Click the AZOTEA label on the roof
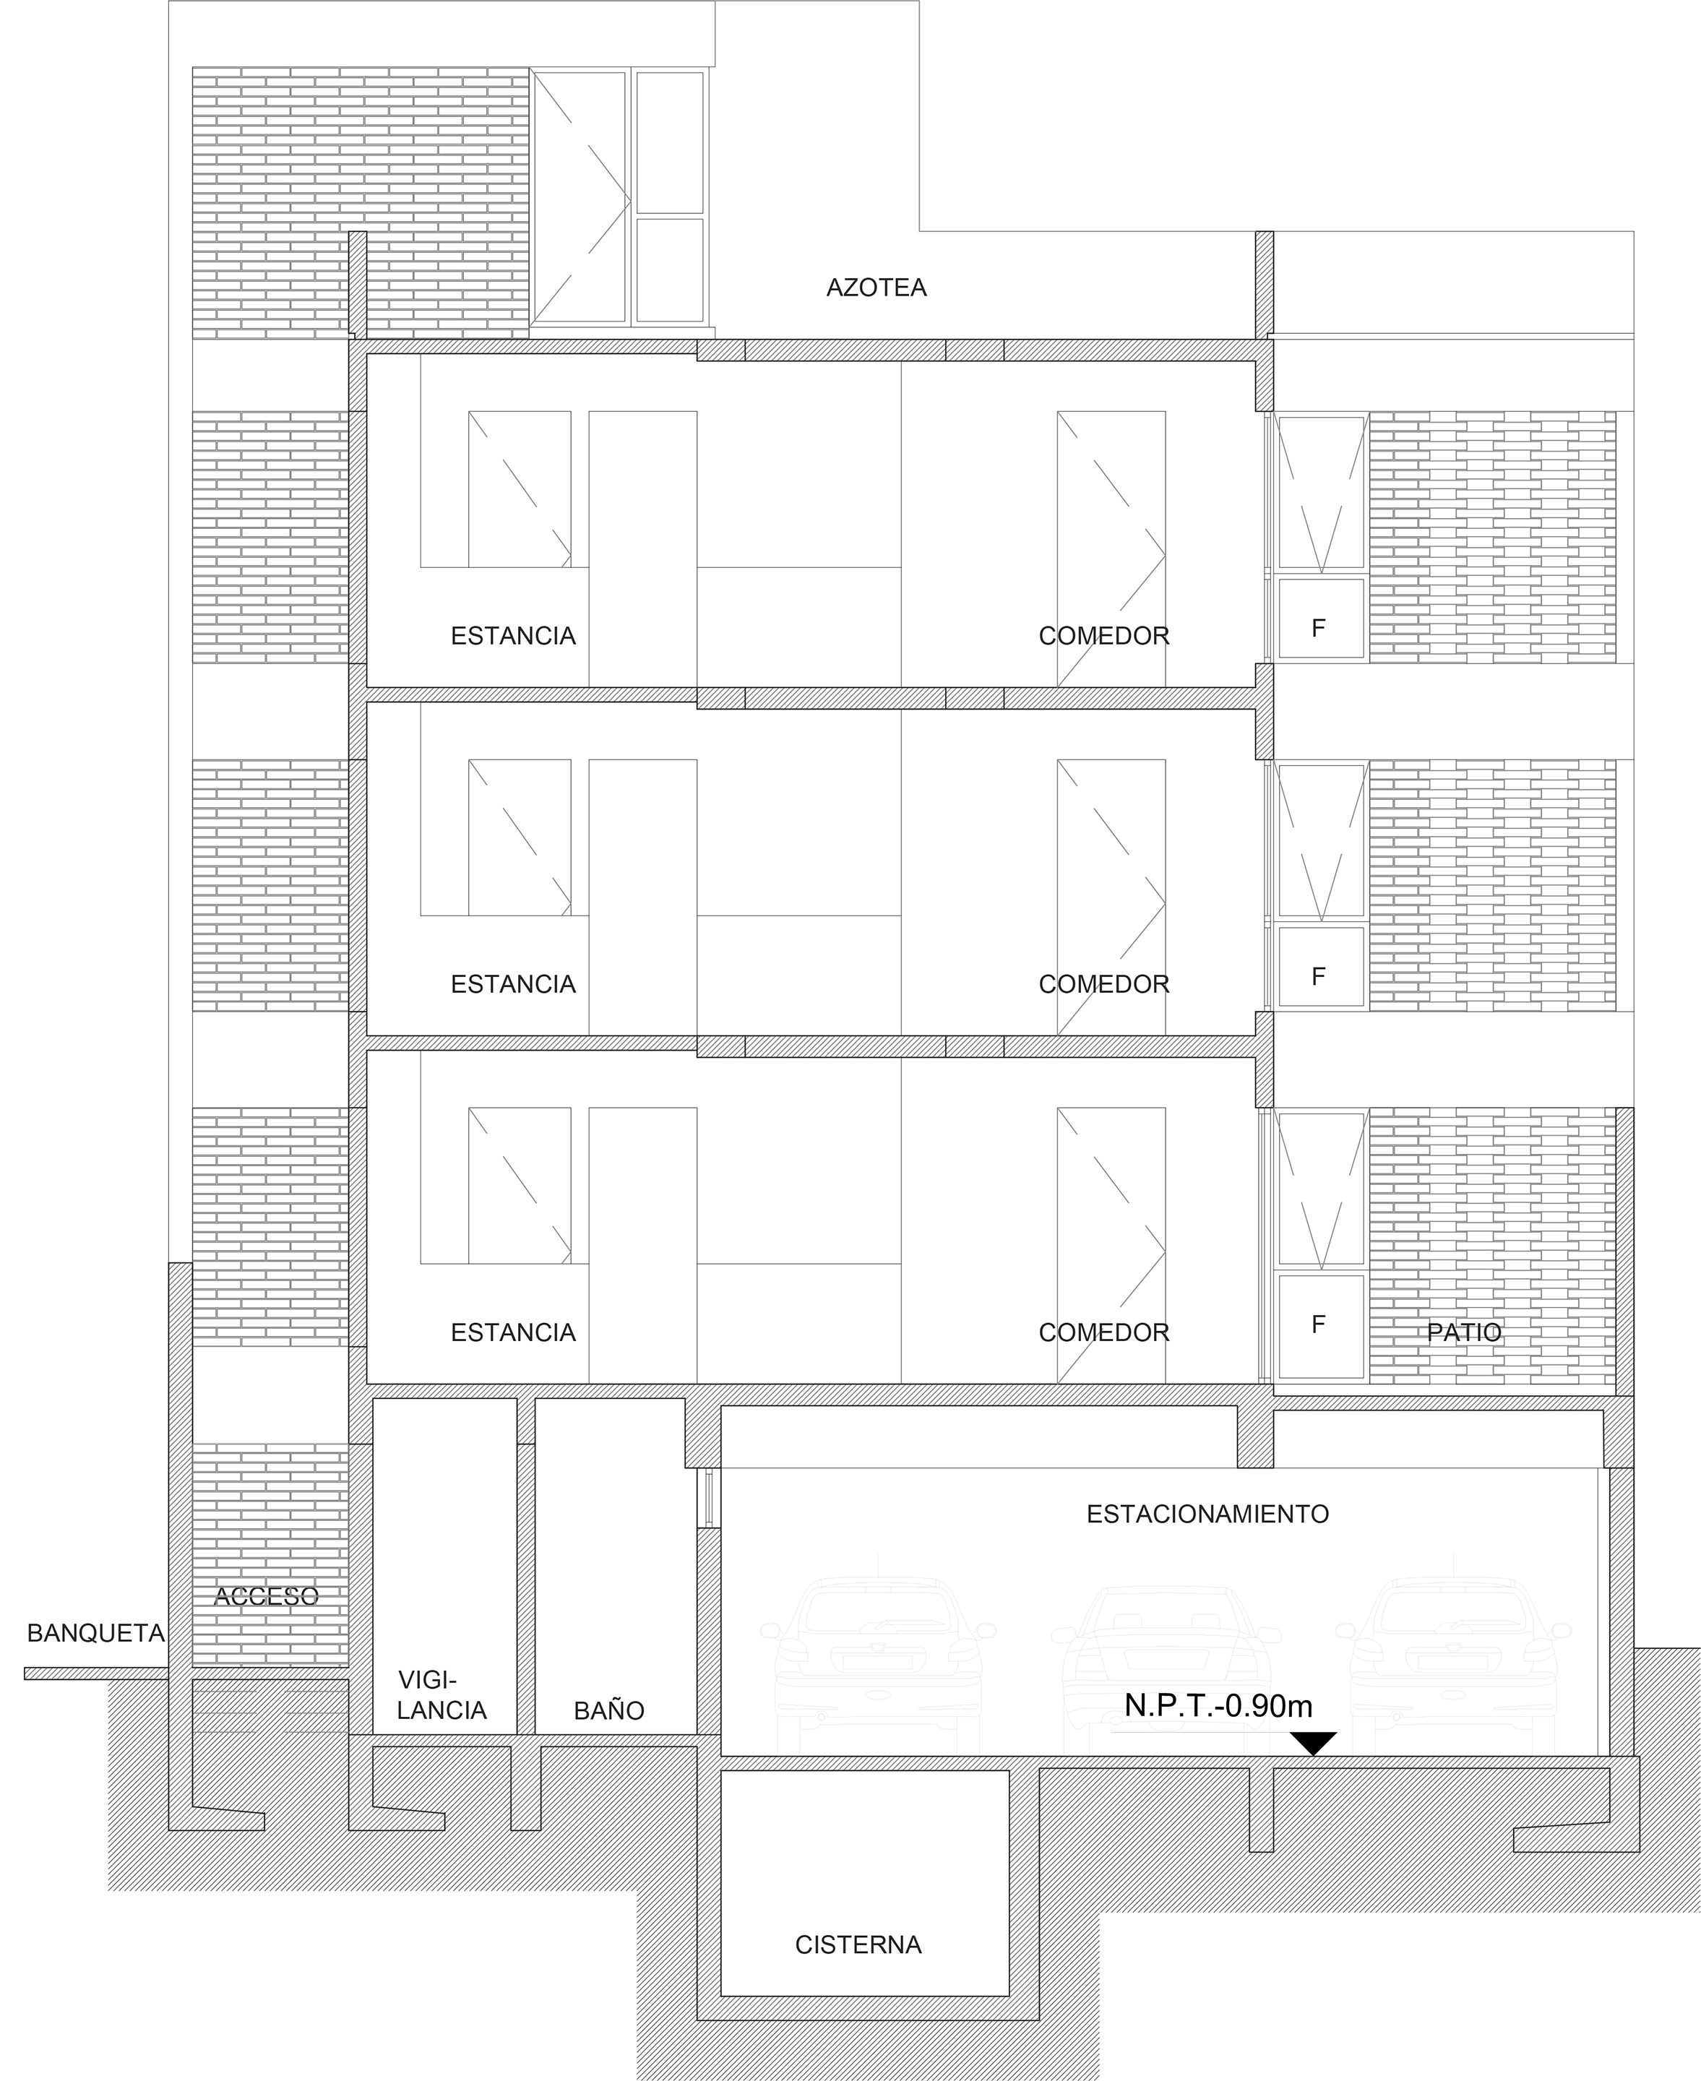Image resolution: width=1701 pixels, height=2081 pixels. pos(876,288)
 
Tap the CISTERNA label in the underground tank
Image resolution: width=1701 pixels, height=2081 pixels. pos(858,1945)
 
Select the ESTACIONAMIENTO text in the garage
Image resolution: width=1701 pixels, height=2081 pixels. pos(1207,1514)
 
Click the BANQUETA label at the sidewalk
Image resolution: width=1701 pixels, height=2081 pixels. pos(96,1633)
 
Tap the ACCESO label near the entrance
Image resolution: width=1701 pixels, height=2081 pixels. pos(267,1596)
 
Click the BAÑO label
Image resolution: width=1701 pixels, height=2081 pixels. pos(608,1710)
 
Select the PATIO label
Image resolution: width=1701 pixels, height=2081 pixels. pos(1464,1332)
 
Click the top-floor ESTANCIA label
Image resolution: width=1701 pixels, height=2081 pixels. pos(512,636)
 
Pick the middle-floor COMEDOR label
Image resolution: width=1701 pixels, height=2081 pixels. pos(1104,983)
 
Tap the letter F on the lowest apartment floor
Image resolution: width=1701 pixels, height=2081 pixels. pos(1319,1324)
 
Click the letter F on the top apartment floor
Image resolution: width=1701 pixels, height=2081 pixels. pos(1319,628)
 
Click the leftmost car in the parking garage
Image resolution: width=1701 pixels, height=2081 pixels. pos(878,1666)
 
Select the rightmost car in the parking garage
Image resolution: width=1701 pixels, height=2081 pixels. pos(1454,1666)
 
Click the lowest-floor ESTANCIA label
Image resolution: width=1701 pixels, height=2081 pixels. pos(512,1332)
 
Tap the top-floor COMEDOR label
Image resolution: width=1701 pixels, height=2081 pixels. pos(1104,636)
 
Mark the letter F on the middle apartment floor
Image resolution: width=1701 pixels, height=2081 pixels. pos(1319,976)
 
